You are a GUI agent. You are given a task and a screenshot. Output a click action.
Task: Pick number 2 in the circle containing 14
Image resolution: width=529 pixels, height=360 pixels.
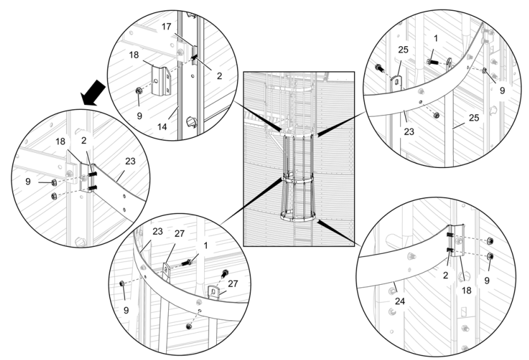pyautogui.click(x=219, y=75)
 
